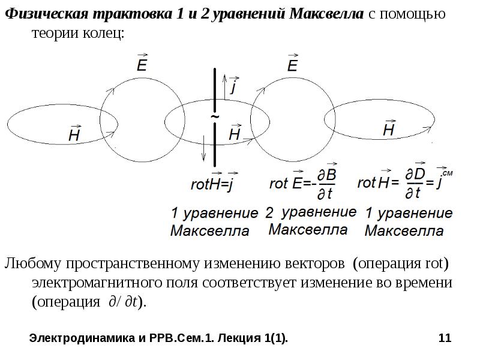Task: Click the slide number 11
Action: pyautogui.click(x=445, y=339)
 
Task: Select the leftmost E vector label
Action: pyautogui.click(x=142, y=64)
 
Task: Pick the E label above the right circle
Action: pyautogui.click(x=292, y=64)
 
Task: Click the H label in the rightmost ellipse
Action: pyautogui.click(x=389, y=128)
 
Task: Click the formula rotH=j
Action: pyautogui.click(x=211, y=184)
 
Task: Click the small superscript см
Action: pyautogui.click(x=447, y=173)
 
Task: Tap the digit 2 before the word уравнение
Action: pyautogui.click(x=269, y=212)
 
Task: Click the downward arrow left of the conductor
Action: pyautogui.click(x=204, y=146)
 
